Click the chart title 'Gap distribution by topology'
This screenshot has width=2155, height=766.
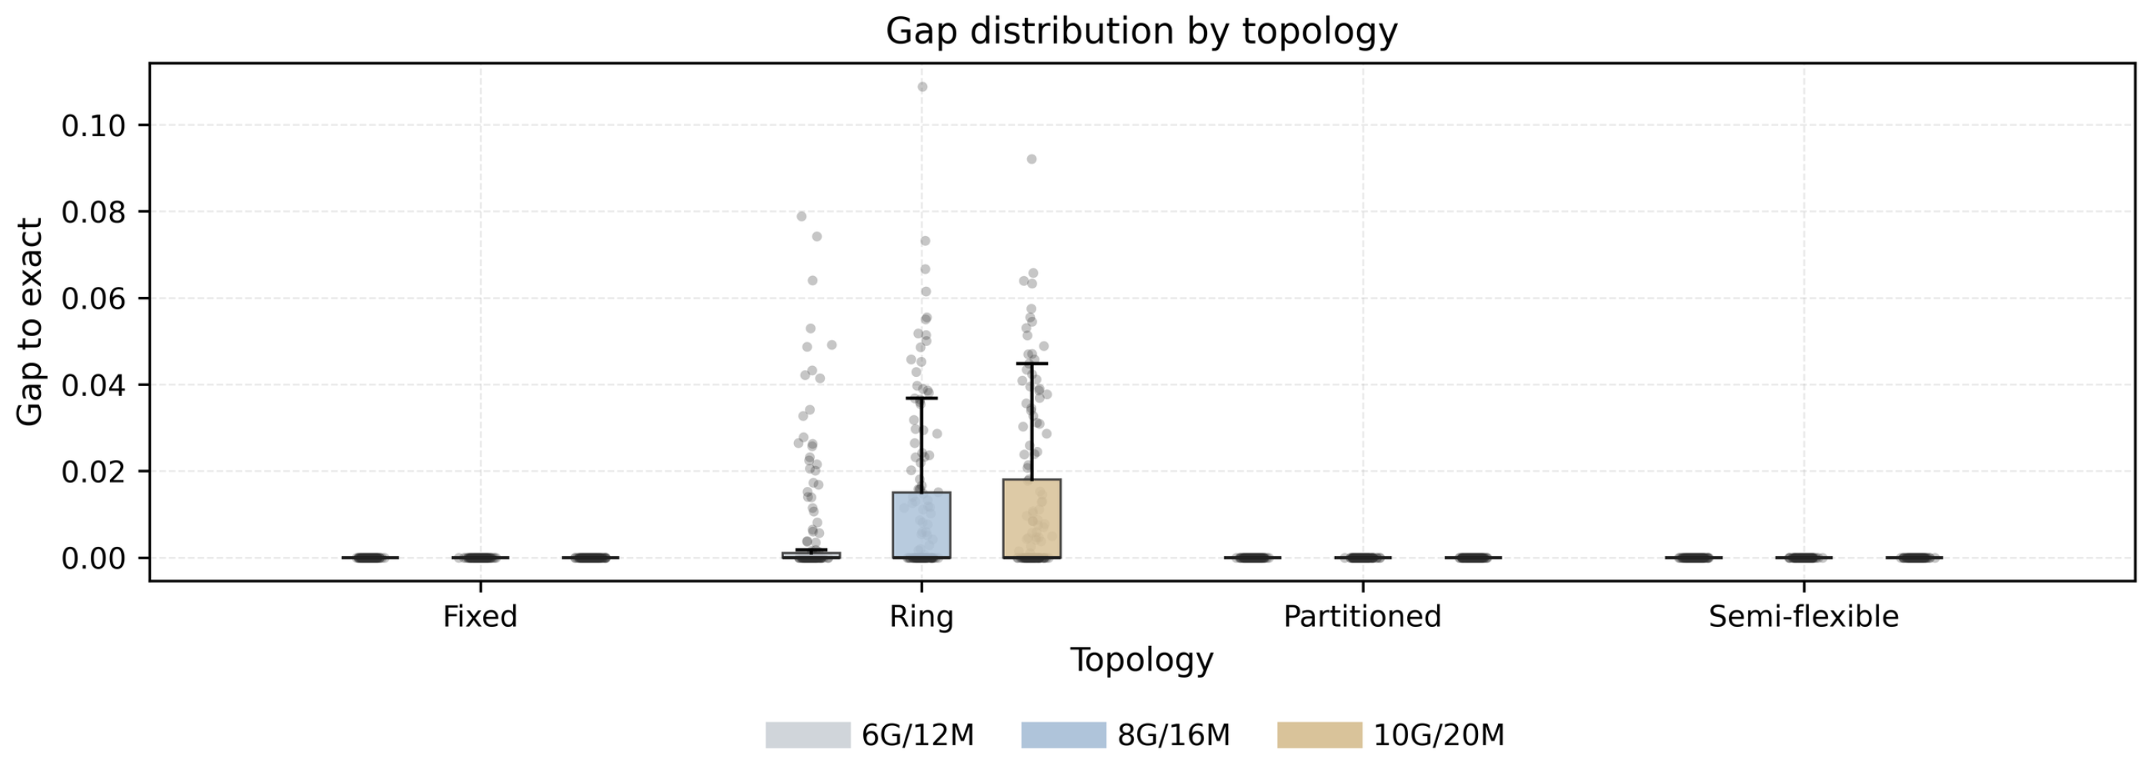(1141, 32)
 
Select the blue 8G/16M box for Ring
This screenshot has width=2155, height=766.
(921, 525)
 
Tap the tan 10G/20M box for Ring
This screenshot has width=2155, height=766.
(1032, 518)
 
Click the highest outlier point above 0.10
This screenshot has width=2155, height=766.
(922, 87)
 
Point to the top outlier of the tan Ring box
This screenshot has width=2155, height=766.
(1032, 159)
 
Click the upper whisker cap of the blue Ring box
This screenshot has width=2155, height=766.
(921, 398)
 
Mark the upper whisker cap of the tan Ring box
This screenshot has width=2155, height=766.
(1032, 364)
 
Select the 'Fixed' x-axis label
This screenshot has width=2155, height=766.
(480, 616)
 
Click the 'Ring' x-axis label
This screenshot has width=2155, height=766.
(921, 617)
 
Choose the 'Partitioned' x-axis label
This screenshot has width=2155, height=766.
(1362, 616)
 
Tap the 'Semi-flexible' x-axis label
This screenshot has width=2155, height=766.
(1803, 616)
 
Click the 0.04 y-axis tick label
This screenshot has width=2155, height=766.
(94, 385)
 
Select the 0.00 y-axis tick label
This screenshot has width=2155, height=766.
(94, 558)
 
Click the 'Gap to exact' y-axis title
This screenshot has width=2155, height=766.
(30, 322)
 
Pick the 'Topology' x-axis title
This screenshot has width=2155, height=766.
(1141, 661)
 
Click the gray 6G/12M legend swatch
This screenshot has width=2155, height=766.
(808, 735)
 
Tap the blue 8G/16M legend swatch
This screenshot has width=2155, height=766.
(1064, 735)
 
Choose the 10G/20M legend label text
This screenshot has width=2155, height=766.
(1439, 735)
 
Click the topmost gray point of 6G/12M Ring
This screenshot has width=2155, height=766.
(802, 216)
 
